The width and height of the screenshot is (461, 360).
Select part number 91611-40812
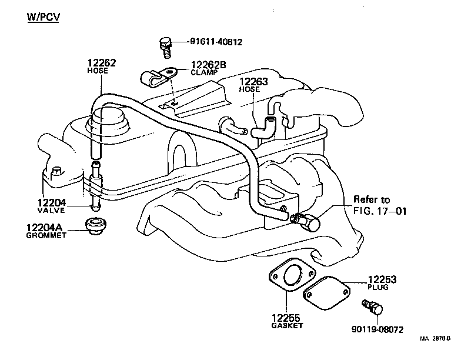click(x=216, y=42)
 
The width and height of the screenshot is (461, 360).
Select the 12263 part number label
click(x=253, y=82)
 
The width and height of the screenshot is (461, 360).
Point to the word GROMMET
click(x=46, y=235)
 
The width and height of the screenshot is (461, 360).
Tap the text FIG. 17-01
click(x=379, y=210)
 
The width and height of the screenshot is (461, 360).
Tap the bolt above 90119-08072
click(x=372, y=307)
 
